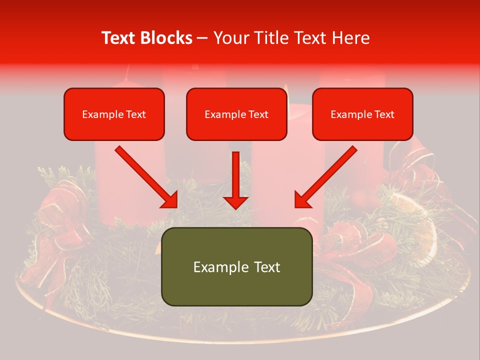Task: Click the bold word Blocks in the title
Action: pyautogui.click(x=167, y=38)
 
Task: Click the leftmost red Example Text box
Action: pyautogui.click(x=114, y=114)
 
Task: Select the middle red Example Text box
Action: pyautogui.click(x=236, y=114)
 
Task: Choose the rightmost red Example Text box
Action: pyautogui.click(x=362, y=114)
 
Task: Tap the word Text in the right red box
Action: pyautogui.click(x=384, y=114)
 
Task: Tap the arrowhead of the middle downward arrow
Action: pyautogui.click(x=235, y=202)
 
